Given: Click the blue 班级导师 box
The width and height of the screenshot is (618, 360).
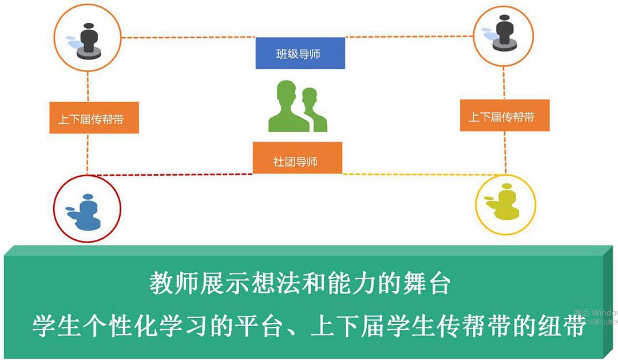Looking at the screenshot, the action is (x=300, y=53).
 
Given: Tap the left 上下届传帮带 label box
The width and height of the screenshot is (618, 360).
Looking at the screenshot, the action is (x=94, y=118).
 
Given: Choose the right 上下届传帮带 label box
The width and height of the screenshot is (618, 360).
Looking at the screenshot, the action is (x=505, y=116).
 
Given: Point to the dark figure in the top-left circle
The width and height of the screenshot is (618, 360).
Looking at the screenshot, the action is (x=89, y=41).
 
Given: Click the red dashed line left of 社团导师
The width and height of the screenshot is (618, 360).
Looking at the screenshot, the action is (x=172, y=174).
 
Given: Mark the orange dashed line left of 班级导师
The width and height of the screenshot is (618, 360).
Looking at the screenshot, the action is (x=189, y=37).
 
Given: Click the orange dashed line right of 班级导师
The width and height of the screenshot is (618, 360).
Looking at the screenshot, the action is (x=409, y=37).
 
